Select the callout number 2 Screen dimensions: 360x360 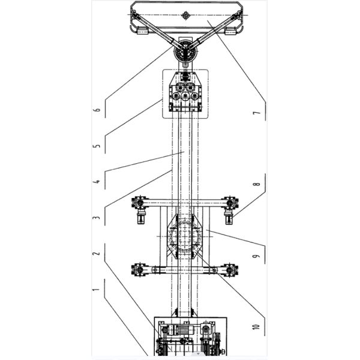point(97,253)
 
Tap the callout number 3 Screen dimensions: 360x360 point(97,217)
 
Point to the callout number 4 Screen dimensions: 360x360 point(97,181)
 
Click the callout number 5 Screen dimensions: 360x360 point(97,146)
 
